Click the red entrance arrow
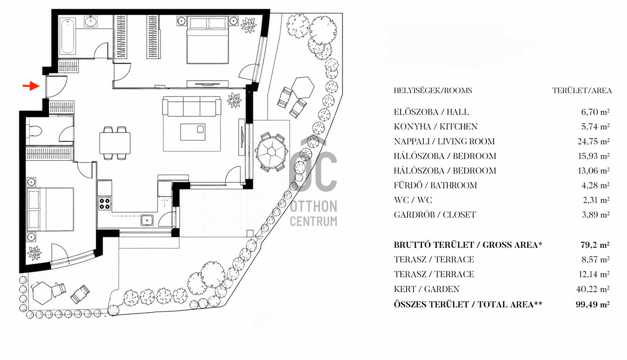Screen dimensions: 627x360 click(x=31, y=86)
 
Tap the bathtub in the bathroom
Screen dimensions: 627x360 click(x=68, y=36)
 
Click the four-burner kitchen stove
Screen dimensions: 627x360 click(x=105, y=203)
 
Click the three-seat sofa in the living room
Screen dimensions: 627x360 click(x=192, y=106)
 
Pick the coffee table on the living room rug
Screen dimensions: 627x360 click(x=193, y=132)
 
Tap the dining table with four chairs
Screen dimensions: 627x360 click(x=115, y=143)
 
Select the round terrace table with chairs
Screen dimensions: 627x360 click(x=271, y=152)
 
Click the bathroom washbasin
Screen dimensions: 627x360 click(x=91, y=22)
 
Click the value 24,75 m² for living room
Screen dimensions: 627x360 click(x=593, y=141)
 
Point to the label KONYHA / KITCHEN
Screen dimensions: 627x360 click(x=436, y=127)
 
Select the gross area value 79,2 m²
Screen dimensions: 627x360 click(x=595, y=245)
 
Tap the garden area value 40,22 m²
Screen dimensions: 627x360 click(x=593, y=289)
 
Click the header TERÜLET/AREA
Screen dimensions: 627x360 click(x=582, y=91)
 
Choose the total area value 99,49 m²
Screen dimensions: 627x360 click(x=593, y=304)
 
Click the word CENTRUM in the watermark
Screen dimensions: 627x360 click(x=313, y=221)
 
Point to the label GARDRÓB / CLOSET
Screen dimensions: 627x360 click(x=435, y=215)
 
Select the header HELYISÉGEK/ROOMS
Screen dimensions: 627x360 click(x=433, y=91)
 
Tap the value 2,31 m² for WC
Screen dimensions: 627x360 click(x=596, y=200)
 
